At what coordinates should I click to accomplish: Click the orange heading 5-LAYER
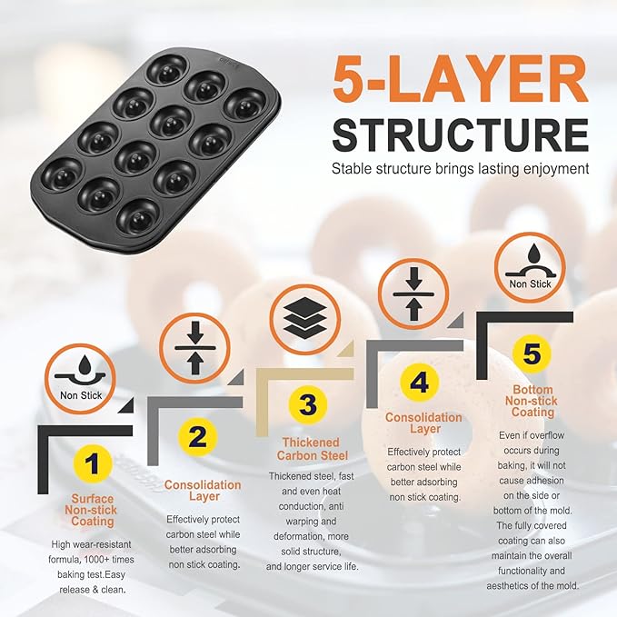coord(461,79)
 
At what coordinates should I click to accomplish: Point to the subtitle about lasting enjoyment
coord(461,169)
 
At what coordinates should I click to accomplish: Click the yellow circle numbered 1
coord(93,463)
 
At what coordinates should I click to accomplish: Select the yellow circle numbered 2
coord(197,436)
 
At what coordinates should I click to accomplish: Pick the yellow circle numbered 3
coord(308,404)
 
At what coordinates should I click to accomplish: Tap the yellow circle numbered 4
coord(419,382)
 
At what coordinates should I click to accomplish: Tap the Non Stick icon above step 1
coord(80,379)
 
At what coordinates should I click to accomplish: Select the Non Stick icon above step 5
coord(530,267)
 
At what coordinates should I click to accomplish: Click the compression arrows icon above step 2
coord(195,348)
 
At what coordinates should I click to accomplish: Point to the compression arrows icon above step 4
coord(413,294)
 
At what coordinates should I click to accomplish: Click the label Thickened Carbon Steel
coord(312,449)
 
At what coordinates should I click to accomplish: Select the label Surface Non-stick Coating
coord(91,510)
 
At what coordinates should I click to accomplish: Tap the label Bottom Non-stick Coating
coord(532,401)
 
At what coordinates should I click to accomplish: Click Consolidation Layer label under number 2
coord(203,491)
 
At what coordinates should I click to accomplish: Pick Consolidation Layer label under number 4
coord(423,423)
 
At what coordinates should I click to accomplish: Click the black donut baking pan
coord(155,151)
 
